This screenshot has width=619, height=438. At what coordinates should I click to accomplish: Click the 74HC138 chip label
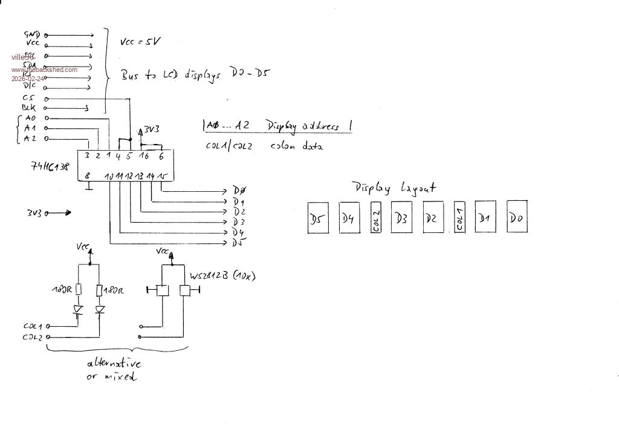[50, 166]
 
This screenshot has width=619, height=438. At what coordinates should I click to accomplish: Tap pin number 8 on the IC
[88, 176]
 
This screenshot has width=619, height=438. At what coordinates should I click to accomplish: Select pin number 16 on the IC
[144, 156]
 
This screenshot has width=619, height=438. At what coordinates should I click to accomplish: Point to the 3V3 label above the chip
[152, 129]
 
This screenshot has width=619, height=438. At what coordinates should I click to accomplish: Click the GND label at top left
[32, 35]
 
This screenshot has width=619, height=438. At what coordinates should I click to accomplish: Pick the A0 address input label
[30, 118]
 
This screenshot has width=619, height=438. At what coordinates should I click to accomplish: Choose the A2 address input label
[30, 139]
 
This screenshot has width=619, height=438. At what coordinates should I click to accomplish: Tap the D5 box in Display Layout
[318, 218]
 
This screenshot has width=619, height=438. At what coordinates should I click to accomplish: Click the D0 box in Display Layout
[516, 217]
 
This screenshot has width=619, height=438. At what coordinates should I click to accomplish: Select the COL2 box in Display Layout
[376, 218]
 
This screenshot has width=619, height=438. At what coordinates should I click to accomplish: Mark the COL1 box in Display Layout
[459, 218]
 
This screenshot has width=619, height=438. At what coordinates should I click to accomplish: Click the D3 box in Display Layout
[401, 218]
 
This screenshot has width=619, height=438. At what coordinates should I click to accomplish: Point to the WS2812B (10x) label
[222, 276]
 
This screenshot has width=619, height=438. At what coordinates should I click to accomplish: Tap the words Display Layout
[394, 188]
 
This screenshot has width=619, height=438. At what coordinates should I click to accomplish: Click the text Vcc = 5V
[140, 42]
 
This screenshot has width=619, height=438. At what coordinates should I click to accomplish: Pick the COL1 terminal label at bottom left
[33, 326]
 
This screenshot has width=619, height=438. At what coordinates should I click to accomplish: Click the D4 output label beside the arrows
[239, 232]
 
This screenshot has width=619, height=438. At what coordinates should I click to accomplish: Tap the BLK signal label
[28, 108]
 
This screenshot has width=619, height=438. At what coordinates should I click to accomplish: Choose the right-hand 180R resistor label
[113, 291]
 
